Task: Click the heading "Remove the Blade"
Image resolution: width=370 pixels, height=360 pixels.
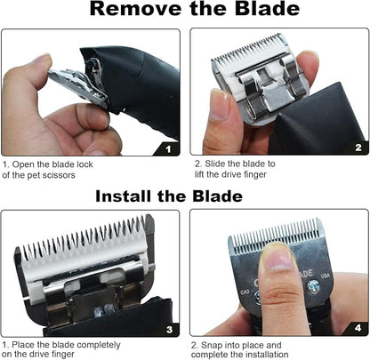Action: (184, 12)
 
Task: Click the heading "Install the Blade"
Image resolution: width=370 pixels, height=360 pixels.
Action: (184, 196)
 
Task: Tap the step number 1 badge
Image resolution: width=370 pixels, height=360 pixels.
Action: (169, 148)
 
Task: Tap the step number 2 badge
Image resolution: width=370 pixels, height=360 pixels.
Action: (358, 148)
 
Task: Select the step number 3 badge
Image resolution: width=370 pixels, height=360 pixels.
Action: (169, 328)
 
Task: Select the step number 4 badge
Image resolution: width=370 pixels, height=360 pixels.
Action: (358, 328)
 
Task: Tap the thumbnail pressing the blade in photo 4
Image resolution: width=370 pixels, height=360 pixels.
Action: (277, 259)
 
